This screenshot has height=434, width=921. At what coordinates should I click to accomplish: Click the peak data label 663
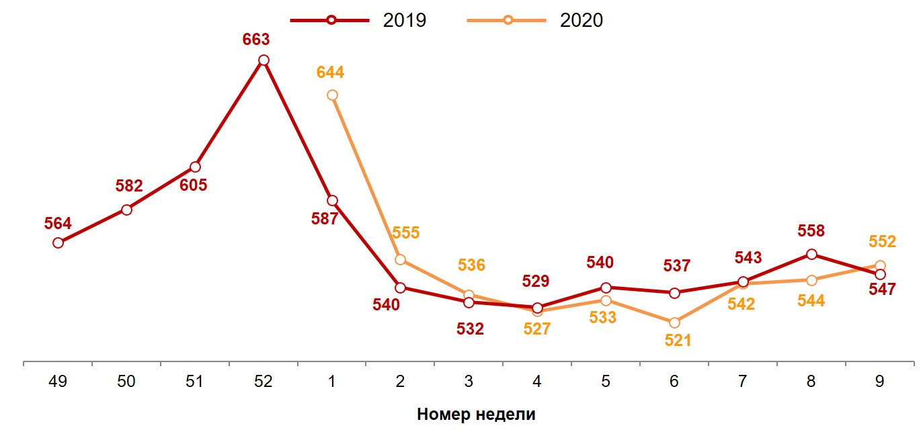pos(256,39)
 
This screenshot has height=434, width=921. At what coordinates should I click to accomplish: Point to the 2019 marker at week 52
pos(264,60)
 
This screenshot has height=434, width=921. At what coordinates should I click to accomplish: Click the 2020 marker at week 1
pos(332,95)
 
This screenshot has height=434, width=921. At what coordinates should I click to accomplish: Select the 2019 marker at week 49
pos(58,243)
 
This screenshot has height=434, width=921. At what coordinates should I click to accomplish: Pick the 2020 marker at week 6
pos(674,322)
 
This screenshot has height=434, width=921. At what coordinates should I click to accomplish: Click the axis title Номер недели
pos(476,414)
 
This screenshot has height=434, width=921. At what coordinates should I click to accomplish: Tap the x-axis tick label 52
pos(264,382)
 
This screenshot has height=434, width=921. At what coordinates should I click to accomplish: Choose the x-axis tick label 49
pos(58,382)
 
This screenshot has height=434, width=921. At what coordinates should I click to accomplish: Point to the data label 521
pos(678,341)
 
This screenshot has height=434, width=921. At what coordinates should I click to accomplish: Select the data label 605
pos(194,185)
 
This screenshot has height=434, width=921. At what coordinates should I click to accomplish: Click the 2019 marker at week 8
pos(811,254)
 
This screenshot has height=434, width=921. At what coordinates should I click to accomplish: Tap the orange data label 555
pos(405,233)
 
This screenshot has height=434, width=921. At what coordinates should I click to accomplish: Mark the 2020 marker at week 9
pos(880,265)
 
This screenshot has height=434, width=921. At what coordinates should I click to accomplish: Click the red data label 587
pos(325,218)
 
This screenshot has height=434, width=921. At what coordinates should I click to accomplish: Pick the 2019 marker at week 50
pos(126,210)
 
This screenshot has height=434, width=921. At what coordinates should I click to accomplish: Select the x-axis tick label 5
pos(606,382)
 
